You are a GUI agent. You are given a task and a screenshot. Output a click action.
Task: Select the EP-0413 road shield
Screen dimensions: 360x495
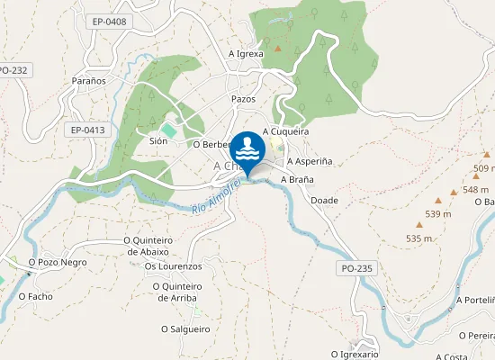point(88,130)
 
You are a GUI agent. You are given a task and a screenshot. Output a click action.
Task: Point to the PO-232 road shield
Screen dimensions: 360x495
point(13,69)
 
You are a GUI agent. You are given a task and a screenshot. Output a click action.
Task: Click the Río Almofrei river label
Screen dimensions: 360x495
point(217,197)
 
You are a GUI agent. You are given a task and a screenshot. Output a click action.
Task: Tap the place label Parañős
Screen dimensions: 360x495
point(89,80)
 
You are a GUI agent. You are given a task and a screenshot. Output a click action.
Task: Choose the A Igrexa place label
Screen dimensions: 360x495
point(246,53)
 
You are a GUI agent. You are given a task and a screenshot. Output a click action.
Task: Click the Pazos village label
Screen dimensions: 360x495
point(243,98)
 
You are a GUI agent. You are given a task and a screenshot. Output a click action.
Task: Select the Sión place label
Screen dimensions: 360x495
point(158,141)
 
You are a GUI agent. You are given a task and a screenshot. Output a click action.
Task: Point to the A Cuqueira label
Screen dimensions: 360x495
point(285,130)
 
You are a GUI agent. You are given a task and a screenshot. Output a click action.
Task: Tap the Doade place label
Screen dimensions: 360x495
point(324,200)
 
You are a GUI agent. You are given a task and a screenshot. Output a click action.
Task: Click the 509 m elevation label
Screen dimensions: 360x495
point(484,168)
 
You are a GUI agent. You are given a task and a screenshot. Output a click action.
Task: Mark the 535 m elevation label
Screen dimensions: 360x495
point(420,238)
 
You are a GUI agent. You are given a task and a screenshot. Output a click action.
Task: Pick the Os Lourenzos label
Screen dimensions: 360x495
point(173,266)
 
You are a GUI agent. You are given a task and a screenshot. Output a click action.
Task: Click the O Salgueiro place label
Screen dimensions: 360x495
point(185,328)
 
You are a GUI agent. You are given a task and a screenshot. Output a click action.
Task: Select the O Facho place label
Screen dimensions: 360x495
point(41,296)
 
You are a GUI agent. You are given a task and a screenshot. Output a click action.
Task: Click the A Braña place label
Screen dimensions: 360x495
point(297,179)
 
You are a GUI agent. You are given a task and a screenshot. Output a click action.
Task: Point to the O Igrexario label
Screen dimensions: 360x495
point(353,354)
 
